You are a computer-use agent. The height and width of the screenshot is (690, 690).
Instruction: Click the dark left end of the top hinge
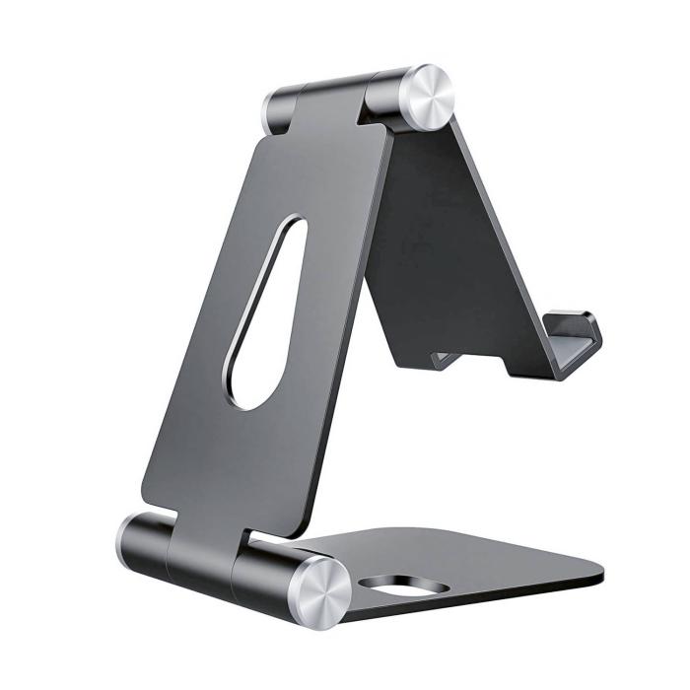[x=278, y=109]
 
